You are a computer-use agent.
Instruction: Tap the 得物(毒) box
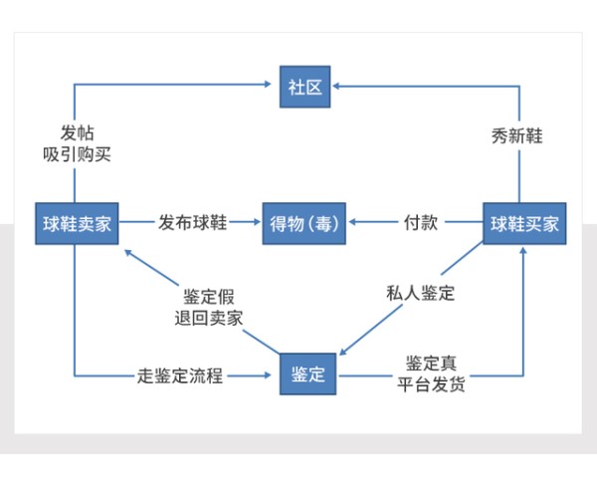[x=303, y=224]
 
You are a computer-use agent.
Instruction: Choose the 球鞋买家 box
[x=524, y=224]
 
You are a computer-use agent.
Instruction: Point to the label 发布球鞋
[x=192, y=224]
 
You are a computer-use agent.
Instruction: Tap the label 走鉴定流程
[x=179, y=375]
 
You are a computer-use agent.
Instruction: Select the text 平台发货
[x=435, y=385]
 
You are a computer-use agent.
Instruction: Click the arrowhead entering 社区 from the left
[x=271, y=87]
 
